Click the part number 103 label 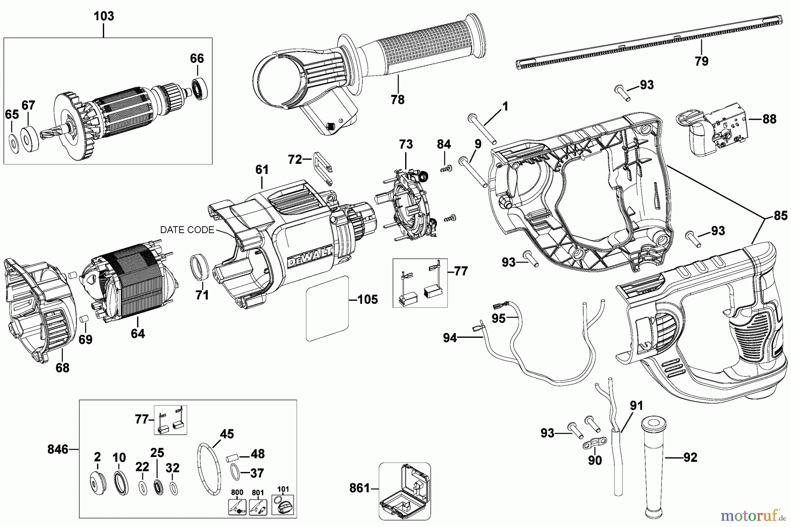pyautogui.click(x=104, y=16)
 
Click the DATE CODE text pyautogui.click(x=187, y=230)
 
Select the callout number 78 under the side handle pyautogui.click(x=397, y=100)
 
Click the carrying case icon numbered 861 pyautogui.click(x=404, y=492)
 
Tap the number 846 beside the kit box pyautogui.click(x=58, y=449)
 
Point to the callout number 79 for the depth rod pyautogui.click(x=701, y=61)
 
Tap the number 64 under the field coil pyautogui.click(x=138, y=334)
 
